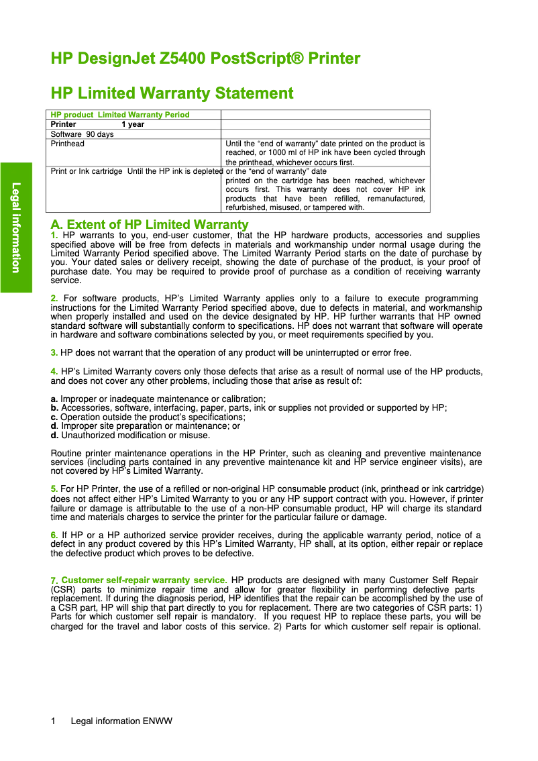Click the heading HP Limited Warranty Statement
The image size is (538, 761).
click(172, 93)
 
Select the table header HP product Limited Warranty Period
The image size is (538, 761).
click(121, 115)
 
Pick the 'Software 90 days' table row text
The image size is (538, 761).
click(83, 134)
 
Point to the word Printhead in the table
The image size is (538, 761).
click(68, 144)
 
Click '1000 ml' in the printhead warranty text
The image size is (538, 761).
click(278, 152)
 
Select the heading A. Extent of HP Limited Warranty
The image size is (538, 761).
click(150, 224)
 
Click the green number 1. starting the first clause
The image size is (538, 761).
click(54, 235)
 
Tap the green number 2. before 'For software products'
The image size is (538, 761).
click(54, 298)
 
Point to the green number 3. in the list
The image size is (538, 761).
click(54, 352)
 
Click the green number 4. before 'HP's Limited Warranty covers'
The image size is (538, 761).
click(54, 371)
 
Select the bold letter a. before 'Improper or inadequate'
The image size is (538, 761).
click(54, 399)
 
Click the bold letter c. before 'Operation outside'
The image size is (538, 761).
click(54, 417)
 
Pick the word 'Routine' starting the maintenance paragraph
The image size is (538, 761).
click(66, 454)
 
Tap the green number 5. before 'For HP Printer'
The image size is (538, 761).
click(54, 489)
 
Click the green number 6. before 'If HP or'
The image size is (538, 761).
click(54, 535)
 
